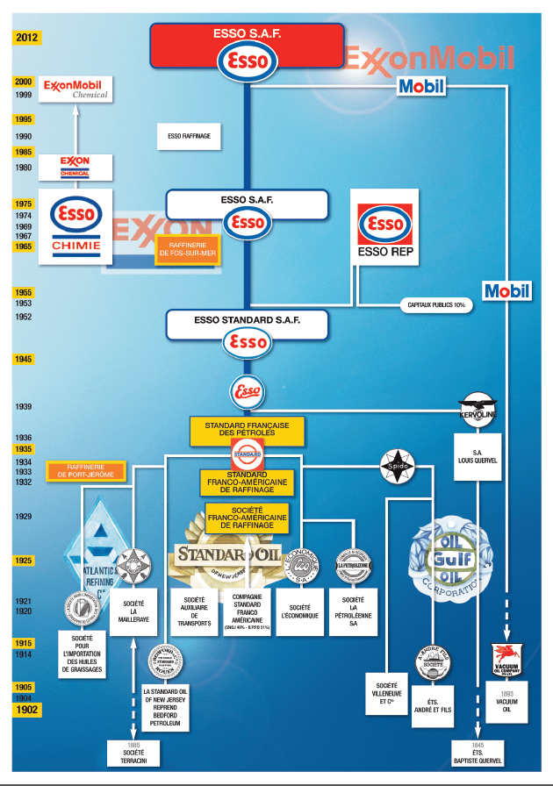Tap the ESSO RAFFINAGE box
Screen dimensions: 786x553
189,137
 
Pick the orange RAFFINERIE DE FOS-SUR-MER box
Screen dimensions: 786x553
186,250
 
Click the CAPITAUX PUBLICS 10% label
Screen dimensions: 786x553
436,305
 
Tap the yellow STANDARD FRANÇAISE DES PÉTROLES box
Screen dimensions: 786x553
247,429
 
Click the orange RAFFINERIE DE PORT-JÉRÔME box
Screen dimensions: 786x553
86,470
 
